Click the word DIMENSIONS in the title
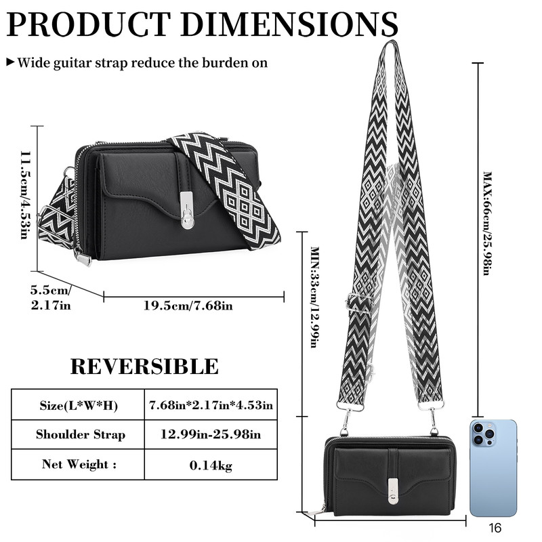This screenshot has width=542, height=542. click(x=289, y=24)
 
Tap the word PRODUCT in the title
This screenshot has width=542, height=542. click(x=89, y=24)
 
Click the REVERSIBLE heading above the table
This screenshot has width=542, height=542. click(x=144, y=367)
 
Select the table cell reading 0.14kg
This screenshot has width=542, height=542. click(x=211, y=465)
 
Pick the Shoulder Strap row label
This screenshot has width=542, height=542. click(x=81, y=434)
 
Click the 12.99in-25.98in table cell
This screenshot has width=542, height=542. click(x=211, y=434)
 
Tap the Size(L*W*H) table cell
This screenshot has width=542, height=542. click(x=79, y=404)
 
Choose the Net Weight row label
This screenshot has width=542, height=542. click(x=79, y=464)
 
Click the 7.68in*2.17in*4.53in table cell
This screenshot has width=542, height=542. click(x=211, y=404)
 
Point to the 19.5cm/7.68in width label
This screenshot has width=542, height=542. click(x=188, y=306)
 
